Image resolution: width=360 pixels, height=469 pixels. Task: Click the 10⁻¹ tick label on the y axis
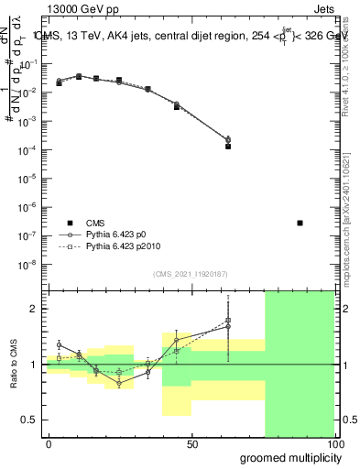27,64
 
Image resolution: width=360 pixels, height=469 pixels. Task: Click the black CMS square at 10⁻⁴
228,146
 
